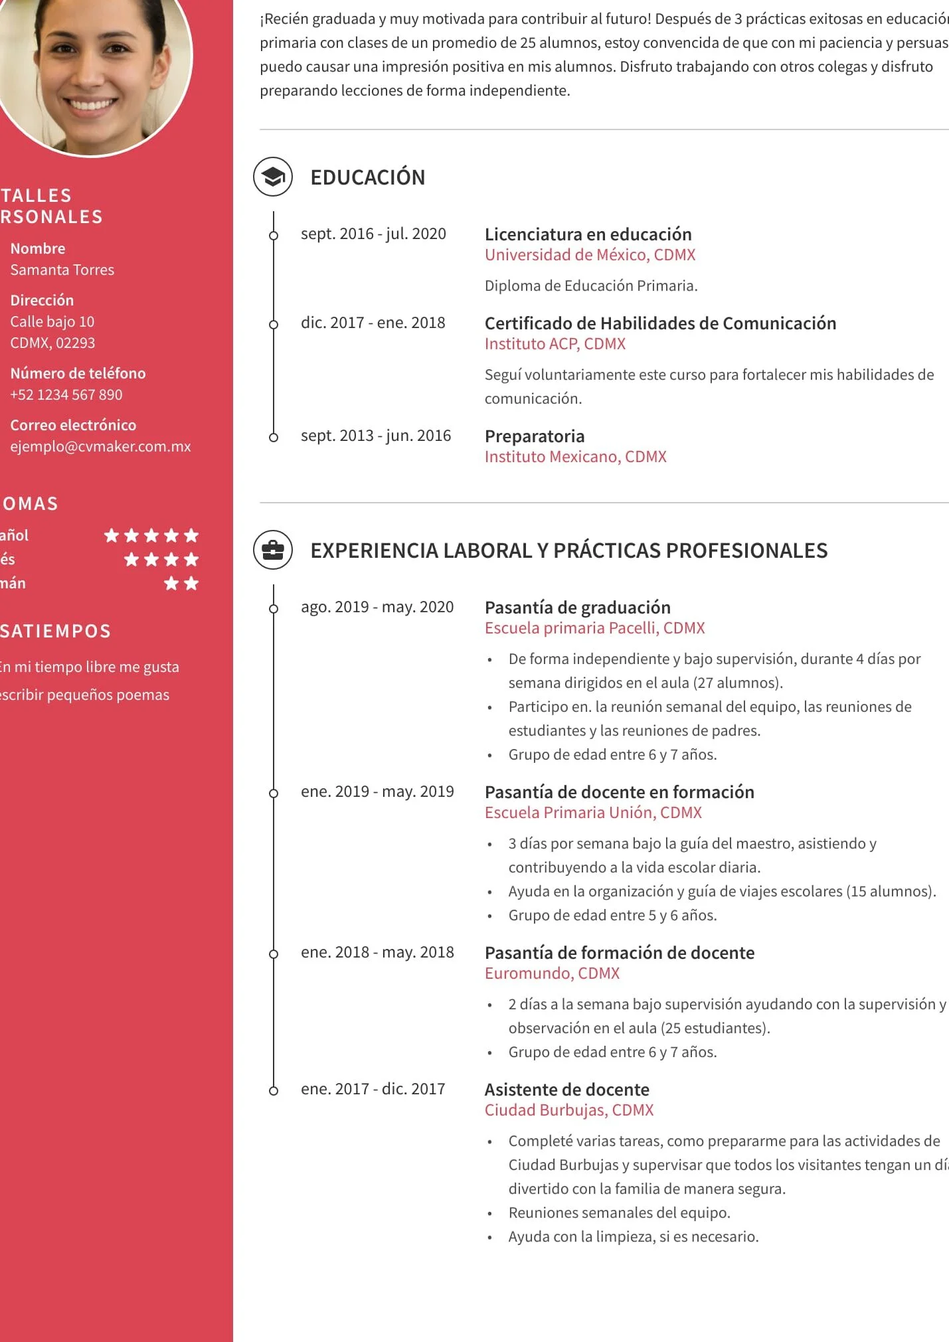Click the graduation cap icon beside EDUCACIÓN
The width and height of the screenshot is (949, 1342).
point(273,177)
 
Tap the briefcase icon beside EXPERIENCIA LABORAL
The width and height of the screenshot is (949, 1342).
point(273,550)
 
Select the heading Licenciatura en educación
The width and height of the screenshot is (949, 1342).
point(588,234)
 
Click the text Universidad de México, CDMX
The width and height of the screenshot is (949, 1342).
point(590,255)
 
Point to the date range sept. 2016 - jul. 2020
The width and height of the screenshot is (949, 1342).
point(373,234)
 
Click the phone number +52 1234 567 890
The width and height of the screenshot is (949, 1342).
point(66,394)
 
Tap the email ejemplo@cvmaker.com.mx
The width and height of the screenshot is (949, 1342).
point(100,446)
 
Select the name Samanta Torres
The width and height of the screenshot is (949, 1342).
point(62,270)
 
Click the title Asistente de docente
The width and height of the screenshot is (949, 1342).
point(566,1089)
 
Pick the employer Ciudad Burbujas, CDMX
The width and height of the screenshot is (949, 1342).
point(568,1110)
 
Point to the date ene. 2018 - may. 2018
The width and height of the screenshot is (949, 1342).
point(377,952)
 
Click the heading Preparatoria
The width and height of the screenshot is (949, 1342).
point(535,436)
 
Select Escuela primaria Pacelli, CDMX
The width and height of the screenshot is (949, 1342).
point(594,628)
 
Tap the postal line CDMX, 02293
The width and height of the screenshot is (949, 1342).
point(52,343)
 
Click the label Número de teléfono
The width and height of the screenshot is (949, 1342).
point(78,373)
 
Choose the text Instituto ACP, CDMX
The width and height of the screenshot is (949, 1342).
point(555,344)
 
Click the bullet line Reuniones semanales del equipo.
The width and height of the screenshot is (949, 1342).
point(619,1213)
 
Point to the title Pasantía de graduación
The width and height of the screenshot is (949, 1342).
point(577,608)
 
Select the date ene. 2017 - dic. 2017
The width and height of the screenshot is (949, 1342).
point(373,1089)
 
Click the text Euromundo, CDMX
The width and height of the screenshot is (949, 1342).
point(552,973)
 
